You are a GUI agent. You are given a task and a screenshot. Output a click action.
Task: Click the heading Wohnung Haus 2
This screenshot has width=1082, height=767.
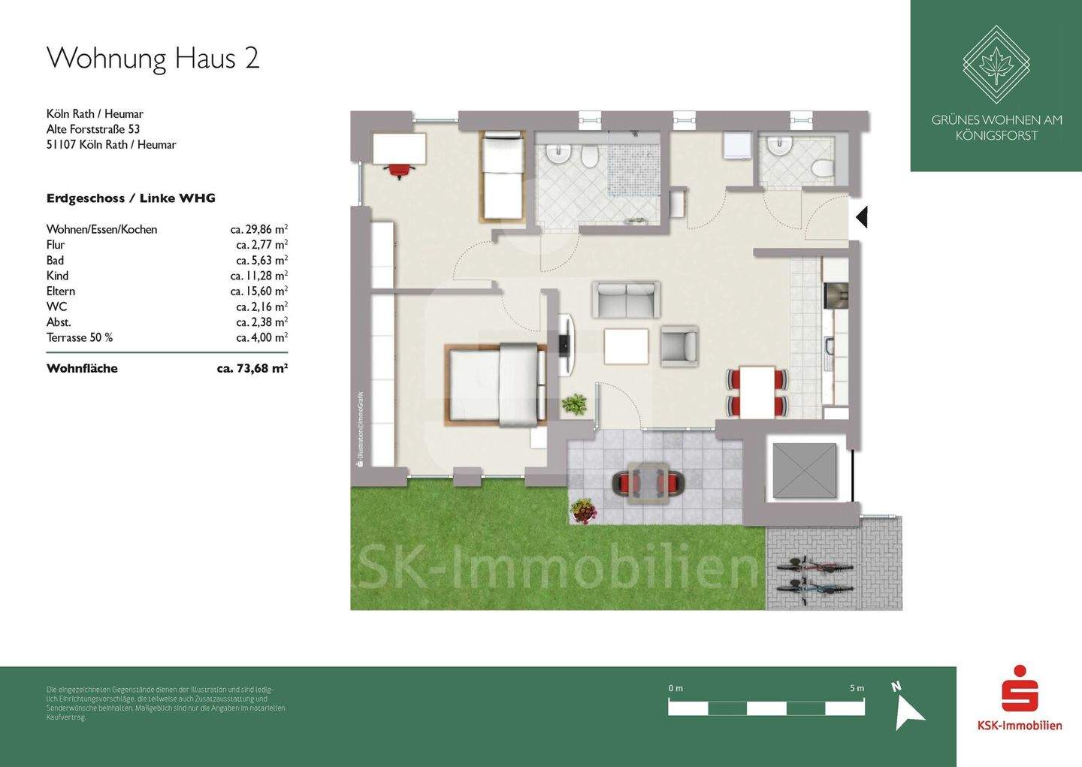[x=153, y=59]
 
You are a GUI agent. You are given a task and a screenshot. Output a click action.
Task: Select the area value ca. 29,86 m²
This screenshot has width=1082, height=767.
[x=259, y=229]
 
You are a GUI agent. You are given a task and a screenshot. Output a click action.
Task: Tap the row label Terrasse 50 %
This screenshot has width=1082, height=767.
[x=80, y=337]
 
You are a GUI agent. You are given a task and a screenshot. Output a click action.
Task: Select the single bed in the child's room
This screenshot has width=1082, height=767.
[x=502, y=176]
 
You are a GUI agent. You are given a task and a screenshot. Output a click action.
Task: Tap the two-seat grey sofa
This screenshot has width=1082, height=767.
[x=626, y=300]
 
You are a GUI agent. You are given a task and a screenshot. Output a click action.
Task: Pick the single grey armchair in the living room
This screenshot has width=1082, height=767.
[x=679, y=346]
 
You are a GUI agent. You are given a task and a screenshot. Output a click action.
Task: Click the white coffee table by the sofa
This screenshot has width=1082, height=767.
[x=626, y=346]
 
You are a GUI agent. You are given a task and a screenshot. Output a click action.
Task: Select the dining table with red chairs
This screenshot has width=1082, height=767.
[x=757, y=391]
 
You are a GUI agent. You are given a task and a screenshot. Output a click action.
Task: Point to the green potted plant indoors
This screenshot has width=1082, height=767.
[x=575, y=405]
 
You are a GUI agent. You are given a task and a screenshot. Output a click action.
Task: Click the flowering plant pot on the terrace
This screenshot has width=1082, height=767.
[x=584, y=512]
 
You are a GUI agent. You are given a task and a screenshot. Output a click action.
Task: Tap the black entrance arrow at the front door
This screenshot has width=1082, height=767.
[x=862, y=217]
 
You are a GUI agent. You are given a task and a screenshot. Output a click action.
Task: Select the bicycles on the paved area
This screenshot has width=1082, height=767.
[x=815, y=579]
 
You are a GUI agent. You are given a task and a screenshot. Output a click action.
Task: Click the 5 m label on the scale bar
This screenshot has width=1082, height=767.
[x=857, y=688]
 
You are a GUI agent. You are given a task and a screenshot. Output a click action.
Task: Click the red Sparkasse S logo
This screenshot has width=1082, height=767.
[x=1020, y=688]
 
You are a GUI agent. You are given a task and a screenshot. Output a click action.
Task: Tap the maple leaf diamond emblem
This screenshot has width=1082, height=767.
[x=996, y=65]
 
